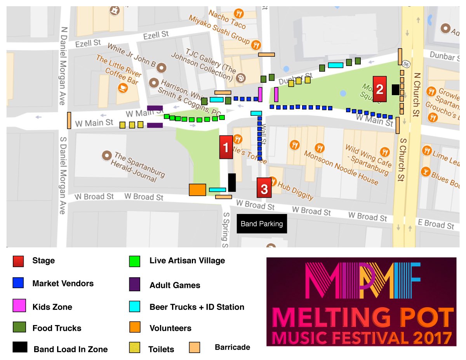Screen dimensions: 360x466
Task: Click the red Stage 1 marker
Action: coord(226,147)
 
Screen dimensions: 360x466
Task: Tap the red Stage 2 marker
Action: coord(380,89)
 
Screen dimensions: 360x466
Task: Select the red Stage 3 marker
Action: coord(264,188)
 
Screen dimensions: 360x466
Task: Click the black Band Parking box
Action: coord(262,224)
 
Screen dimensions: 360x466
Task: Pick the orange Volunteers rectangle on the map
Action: coord(197,190)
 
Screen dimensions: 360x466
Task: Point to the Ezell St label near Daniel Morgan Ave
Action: coord(89,43)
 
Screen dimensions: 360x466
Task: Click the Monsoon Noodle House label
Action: coord(341,167)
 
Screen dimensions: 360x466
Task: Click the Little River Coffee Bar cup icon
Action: coord(123,87)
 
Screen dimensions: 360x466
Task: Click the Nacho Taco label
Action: coord(227,19)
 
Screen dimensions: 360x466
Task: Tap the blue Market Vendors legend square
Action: coord(18,283)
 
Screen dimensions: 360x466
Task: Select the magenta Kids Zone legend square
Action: coord(18,306)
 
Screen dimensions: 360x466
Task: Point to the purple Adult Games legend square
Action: coord(135,285)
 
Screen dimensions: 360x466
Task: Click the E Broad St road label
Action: coord(435,224)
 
